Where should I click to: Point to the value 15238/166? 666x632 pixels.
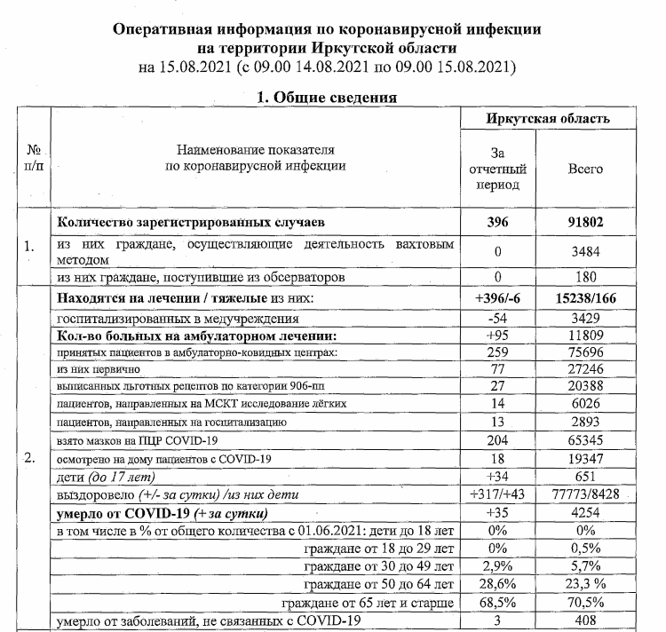coord(584,297)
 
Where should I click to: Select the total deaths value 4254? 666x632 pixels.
coord(584,514)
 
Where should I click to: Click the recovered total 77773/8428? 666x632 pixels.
coord(584,494)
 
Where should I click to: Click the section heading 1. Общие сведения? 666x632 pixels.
coord(327,97)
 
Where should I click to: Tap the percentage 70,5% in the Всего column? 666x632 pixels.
coord(584,602)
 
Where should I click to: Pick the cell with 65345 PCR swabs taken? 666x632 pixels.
coord(584,440)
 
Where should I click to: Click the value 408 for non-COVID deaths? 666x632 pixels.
coord(584,620)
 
